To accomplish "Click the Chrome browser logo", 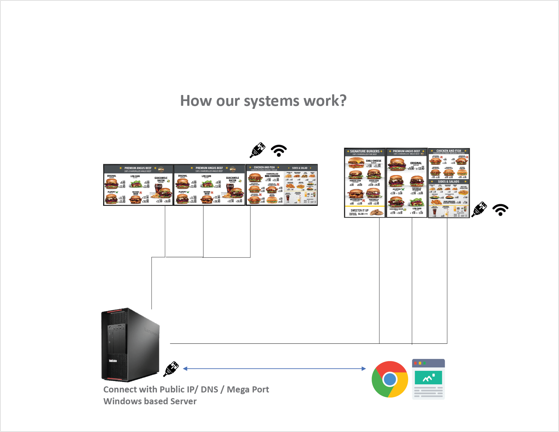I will click(x=390, y=379).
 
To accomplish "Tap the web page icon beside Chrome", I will click(x=428, y=379).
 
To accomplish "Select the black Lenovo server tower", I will click(x=130, y=345).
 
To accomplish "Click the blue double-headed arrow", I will click(x=274, y=368).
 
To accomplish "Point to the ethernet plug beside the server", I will click(x=171, y=369).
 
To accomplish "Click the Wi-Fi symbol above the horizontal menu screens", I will click(x=279, y=150).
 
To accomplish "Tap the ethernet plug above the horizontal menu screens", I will click(x=257, y=150).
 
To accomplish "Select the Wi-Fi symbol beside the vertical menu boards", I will click(x=500, y=210).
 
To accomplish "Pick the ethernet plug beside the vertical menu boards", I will click(x=479, y=209).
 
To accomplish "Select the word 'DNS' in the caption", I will click(x=209, y=389).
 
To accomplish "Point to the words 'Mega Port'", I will click(x=248, y=389).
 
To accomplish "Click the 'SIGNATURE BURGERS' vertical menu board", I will click(x=365, y=183).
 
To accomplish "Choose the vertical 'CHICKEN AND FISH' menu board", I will click(x=449, y=183).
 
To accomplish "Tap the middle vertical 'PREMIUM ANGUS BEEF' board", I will click(x=406, y=183).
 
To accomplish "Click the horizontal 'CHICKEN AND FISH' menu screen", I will click(x=282, y=185).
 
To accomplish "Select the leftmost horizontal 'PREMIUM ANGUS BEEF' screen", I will click(x=138, y=185).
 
